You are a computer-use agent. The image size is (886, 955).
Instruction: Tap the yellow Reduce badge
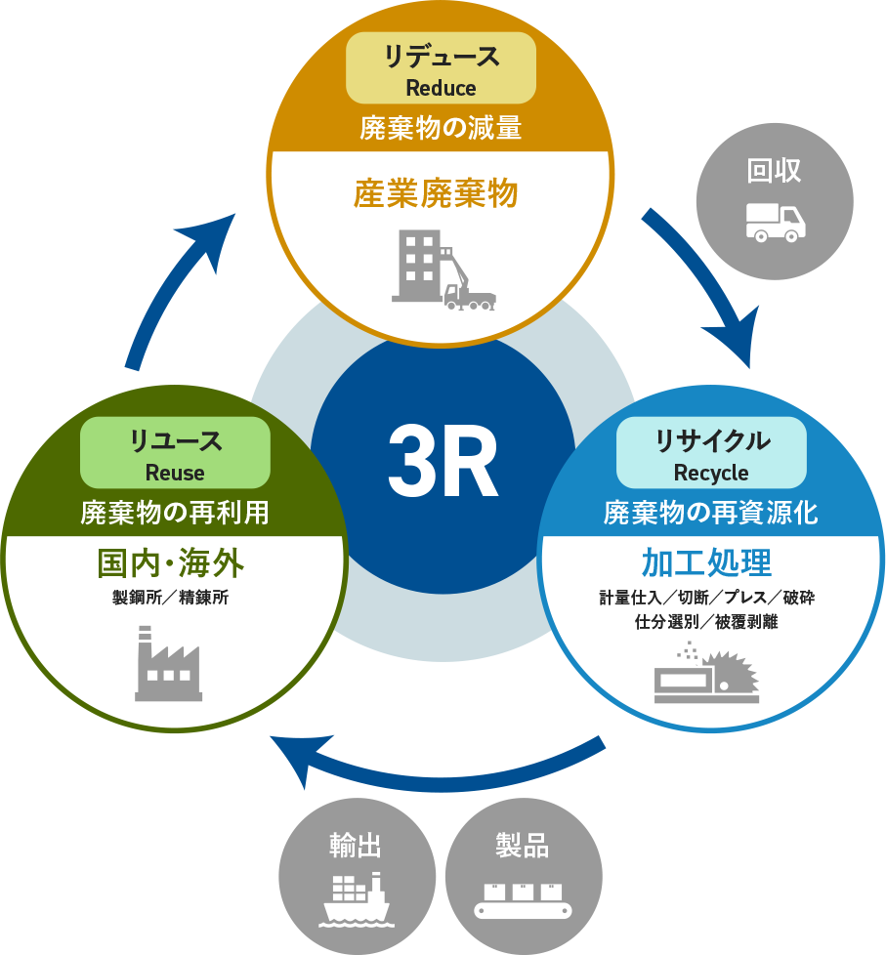click(x=441, y=69)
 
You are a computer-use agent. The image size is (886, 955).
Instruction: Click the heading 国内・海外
click(x=170, y=563)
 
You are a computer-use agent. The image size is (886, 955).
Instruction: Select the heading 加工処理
click(x=706, y=563)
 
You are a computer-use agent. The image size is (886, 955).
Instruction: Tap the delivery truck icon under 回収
click(x=776, y=222)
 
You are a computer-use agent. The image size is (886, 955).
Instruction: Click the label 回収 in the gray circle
click(x=775, y=171)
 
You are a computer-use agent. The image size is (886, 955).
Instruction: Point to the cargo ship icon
click(x=357, y=898)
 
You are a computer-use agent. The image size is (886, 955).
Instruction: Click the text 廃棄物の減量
click(x=441, y=128)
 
